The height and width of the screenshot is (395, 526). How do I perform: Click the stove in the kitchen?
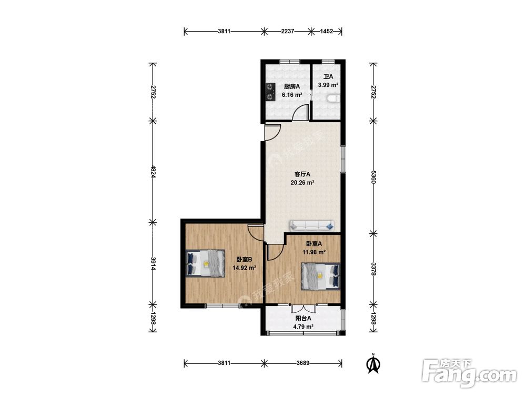click(270, 92)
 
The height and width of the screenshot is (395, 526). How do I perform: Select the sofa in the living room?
click(312, 225)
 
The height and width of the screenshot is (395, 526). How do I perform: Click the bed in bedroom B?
click(205, 263)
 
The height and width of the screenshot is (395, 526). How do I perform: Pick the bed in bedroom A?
click(320, 276)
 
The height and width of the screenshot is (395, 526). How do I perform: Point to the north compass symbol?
click(372, 363)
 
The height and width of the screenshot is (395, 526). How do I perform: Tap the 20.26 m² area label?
click(302, 183)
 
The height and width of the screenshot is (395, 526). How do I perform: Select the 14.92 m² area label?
click(244, 268)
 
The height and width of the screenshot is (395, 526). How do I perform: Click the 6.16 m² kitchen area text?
click(292, 95)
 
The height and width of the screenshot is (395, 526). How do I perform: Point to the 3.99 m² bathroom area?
click(328, 85)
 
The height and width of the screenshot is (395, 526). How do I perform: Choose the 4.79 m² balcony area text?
click(304, 327)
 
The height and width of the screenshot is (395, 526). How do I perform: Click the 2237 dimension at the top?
click(288, 31)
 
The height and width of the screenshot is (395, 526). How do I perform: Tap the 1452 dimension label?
click(327, 31)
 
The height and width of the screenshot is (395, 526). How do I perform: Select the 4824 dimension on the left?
click(153, 172)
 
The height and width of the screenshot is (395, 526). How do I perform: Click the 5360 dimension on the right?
click(373, 176)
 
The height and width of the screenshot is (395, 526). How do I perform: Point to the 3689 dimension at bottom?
click(303, 363)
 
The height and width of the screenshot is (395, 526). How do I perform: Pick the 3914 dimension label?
click(153, 264)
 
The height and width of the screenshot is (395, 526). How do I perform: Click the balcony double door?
click(304, 308)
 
